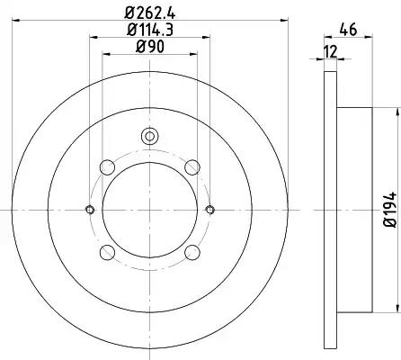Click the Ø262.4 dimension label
150,13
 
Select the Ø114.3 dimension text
150,30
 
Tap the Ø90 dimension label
150,47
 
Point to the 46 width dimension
348,30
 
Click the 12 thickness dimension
331,51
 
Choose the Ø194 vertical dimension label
390,210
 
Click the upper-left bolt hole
107,167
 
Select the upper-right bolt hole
192,167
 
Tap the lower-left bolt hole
107,252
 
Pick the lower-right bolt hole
192,252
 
